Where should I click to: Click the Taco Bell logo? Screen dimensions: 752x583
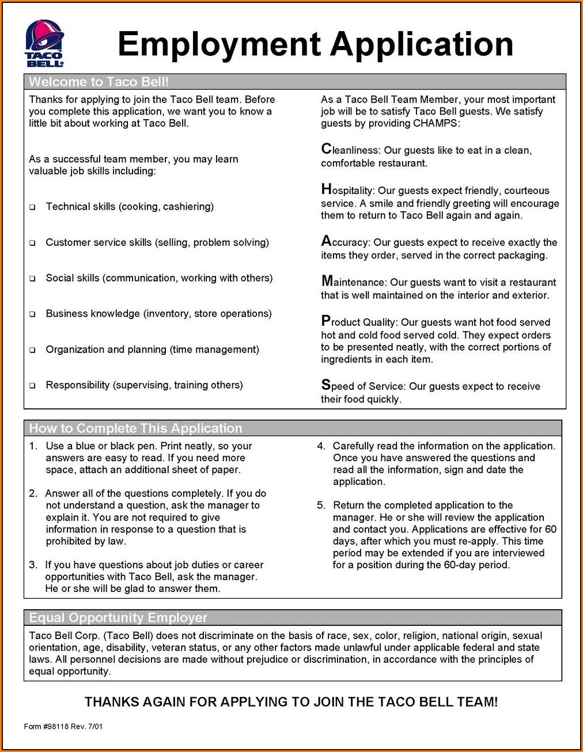pyautogui.click(x=44, y=44)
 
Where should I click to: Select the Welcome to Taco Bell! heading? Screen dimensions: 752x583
pyautogui.click(x=99, y=82)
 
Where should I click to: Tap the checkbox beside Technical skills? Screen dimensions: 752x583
pyautogui.click(x=33, y=207)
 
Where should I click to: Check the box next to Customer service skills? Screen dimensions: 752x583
pyautogui.click(x=33, y=243)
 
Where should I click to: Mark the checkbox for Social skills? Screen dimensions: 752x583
pyautogui.click(x=33, y=279)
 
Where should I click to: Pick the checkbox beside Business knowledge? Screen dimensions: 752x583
pyautogui.click(x=33, y=314)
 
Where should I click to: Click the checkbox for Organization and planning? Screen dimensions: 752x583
pyautogui.click(x=33, y=350)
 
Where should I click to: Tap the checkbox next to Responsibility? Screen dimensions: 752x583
pyautogui.click(x=33, y=386)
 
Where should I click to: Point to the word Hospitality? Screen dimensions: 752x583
pyautogui.click(x=348, y=190)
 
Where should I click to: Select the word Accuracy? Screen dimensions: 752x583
pyautogui.click(x=344, y=242)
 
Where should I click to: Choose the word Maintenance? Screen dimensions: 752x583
pyautogui.click(x=353, y=282)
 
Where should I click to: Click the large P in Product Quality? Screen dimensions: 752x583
pyautogui.click(x=326, y=321)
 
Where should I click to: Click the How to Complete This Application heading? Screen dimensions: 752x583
pyautogui.click(x=135, y=428)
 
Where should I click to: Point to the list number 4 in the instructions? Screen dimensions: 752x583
pyautogui.click(x=321, y=446)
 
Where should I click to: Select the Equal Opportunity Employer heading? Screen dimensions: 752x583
pyautogui.click(x=118, y=618)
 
